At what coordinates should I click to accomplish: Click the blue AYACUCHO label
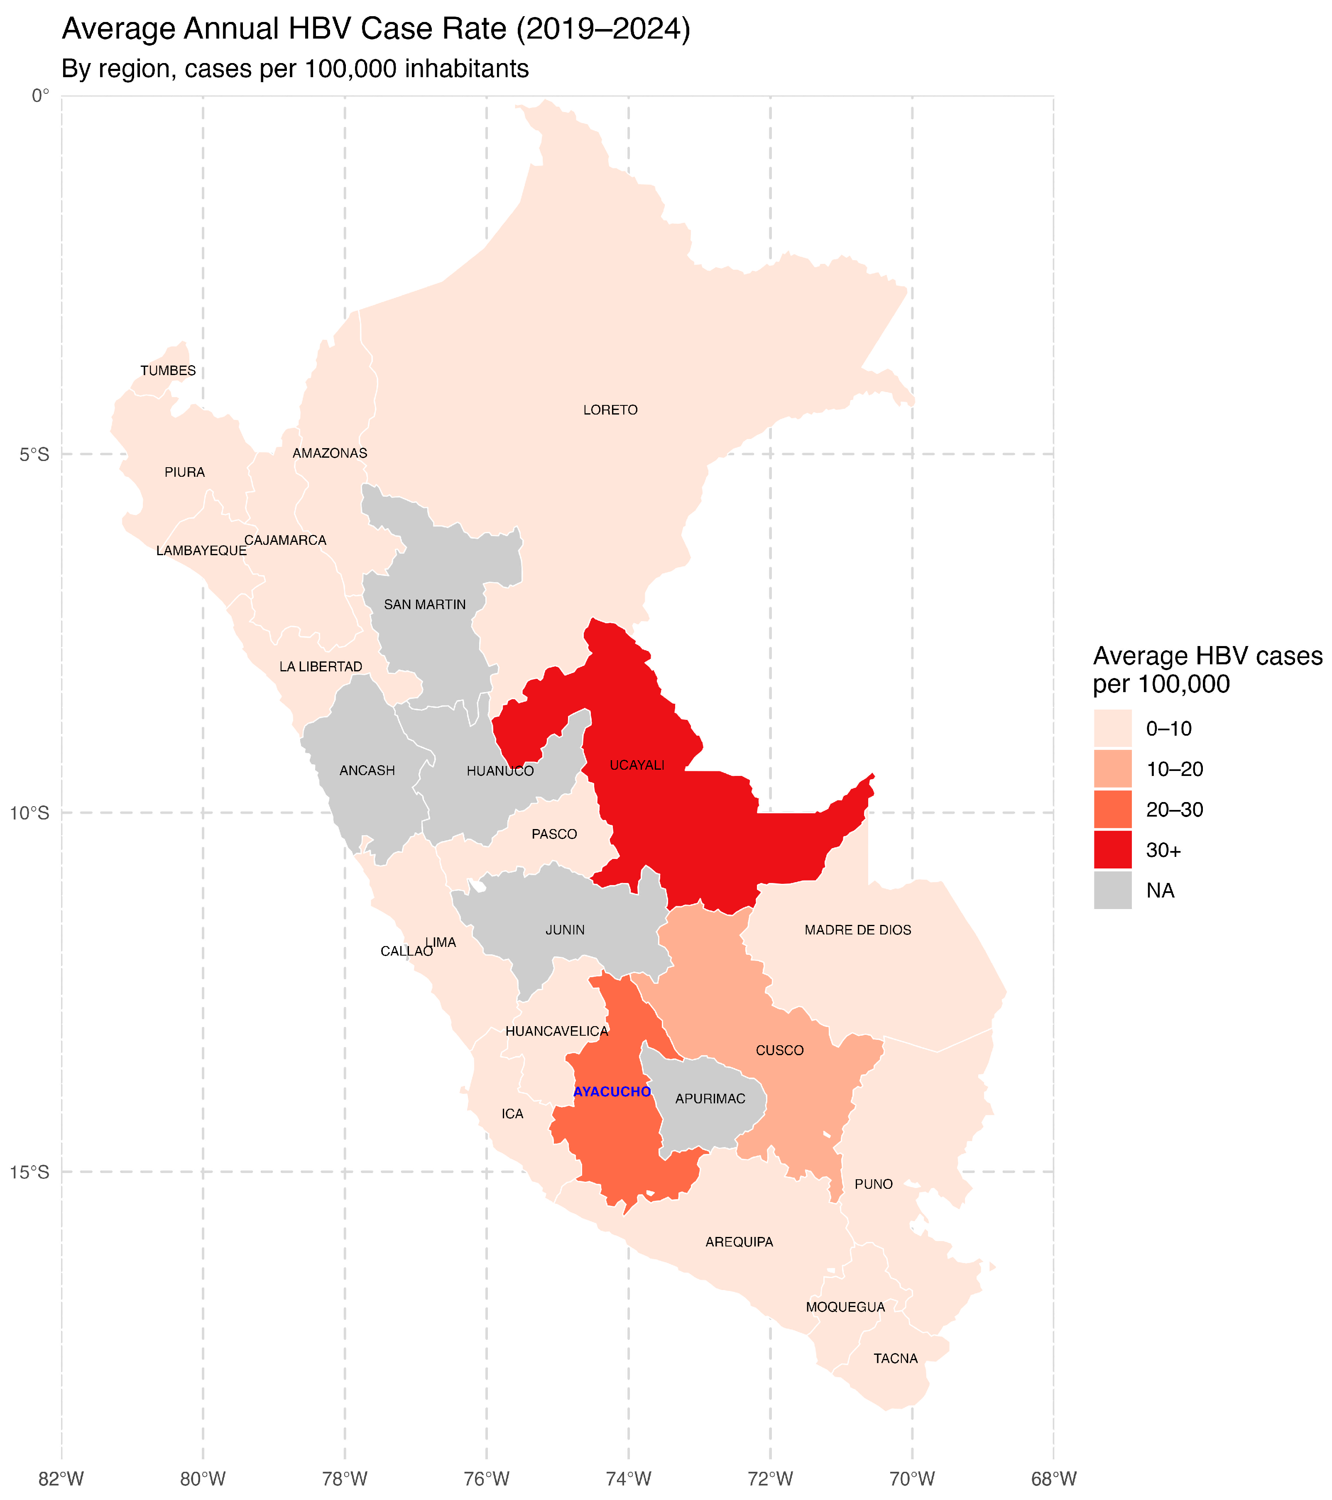tap(612, 1092)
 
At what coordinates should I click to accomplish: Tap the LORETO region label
tap(610, 410)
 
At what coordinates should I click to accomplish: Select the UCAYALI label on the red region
tap(637, 766)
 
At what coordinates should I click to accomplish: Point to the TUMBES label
tap(168, 371)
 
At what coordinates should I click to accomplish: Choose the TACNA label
tap(895, 1359)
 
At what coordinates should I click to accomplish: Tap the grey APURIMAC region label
tap(710, 1099)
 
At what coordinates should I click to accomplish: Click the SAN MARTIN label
tap(424, 605)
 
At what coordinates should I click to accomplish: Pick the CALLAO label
tap(406, 951)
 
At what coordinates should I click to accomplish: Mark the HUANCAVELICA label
tap(556, 1031)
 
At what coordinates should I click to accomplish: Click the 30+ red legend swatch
tap(1112, 850)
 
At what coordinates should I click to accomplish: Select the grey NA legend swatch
tap(1112, 890)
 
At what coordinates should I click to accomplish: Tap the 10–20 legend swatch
tap(1112, 769)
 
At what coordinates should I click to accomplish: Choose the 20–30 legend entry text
tap(1174, 810)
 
